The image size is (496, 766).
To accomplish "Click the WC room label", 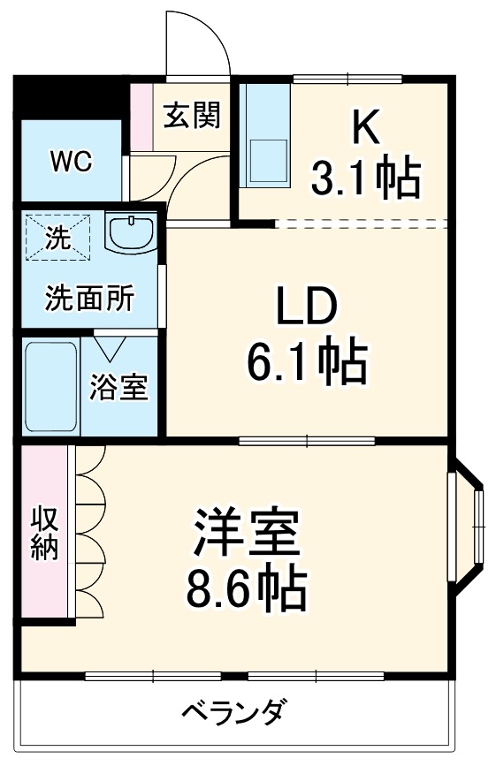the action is (x=72, y=161).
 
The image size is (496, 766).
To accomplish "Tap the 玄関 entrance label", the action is (x=192, y=115).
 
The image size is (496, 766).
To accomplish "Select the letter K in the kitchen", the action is (x=367, y=127).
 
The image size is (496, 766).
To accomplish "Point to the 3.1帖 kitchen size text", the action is (x=365, y=178).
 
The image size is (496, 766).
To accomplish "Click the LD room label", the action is (x=307, y=306).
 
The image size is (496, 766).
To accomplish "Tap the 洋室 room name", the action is (x=247, y=533).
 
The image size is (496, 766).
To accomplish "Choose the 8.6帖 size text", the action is (x=247, y=589).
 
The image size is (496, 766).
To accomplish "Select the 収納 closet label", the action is (x=45, y=535).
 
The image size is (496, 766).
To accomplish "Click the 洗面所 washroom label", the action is (x=90, y=298).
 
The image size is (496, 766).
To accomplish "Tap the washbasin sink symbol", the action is (x=131, y=231).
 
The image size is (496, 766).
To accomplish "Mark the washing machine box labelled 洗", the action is (x=58, y=237).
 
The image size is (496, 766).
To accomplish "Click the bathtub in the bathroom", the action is (x=51, y=387).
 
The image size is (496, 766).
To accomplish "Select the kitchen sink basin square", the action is (x=268, y=160).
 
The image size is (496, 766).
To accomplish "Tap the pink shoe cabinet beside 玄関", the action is (x=141, y=118).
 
